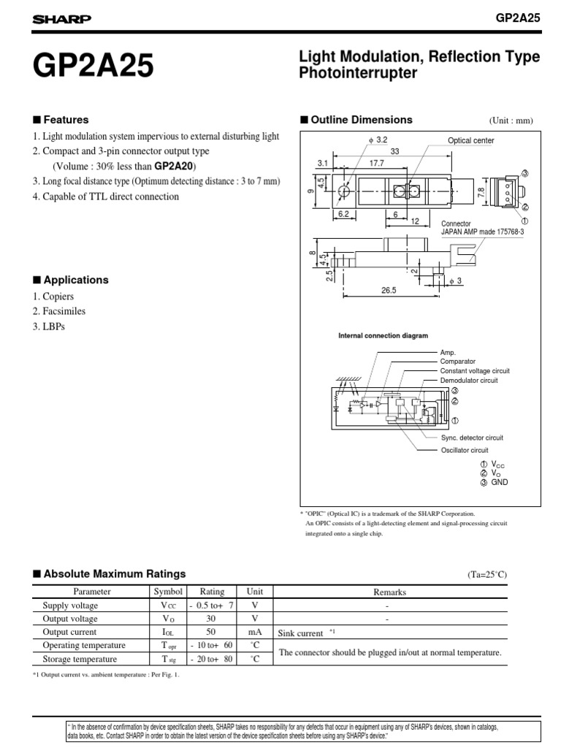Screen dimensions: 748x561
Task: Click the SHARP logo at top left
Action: click(x=61, y=20)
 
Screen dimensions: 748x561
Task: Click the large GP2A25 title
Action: click(x=92, y=66)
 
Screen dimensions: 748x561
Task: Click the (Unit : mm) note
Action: click(x=511, y=121)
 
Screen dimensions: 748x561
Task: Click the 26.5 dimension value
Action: click(x=388, y=290)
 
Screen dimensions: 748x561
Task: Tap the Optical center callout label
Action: click(x=470, y=140)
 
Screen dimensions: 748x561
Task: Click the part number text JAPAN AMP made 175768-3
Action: click(x=483, y=231)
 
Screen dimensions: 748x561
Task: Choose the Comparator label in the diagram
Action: click(x=457, y=362)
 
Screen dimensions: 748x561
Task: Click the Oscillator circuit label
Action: click(x=464, y=450)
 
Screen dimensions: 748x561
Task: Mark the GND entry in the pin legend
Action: click(x=499, y=482)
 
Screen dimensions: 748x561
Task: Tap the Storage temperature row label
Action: click(x=80, y=659)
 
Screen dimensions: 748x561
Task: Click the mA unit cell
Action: click(x=254, y=632)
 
